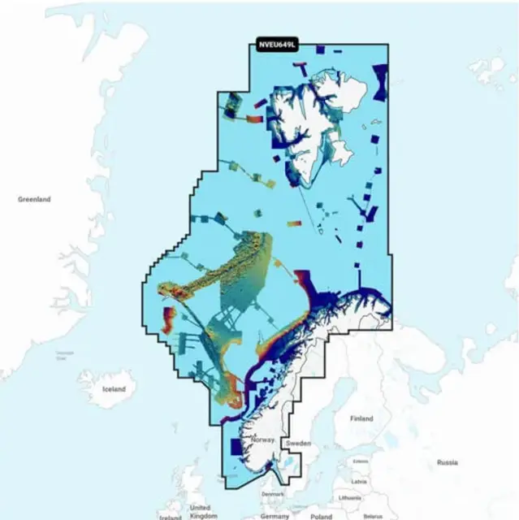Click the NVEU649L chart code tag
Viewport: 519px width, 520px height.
(x=276, y=45)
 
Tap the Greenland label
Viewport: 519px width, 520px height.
(x=34, y=199)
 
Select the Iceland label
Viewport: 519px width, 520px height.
(x=115, y=389)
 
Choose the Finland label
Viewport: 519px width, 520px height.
(x=361, y=418)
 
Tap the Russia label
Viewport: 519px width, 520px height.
(x=447, y=462)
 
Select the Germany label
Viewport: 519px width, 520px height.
(x=275, y=516)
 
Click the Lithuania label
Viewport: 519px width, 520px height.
(x=351, y=496)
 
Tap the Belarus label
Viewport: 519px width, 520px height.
(x=373, y=515)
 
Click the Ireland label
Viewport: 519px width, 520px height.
(x=170, y=517)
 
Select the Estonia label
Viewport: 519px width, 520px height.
(x=361, y=461)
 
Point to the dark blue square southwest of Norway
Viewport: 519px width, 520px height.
(x=238, y=446)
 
